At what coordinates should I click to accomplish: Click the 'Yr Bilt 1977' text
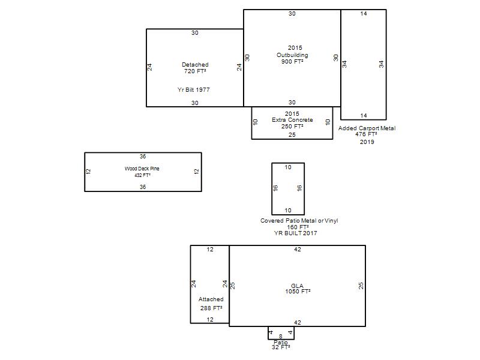click(193, 89)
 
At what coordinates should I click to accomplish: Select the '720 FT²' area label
click(195, 71)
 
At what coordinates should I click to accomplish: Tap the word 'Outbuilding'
click(292, 55)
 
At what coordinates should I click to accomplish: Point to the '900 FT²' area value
click(292, 62)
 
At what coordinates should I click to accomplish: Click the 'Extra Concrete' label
click(292, 119)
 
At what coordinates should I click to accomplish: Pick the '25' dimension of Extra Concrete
click(292, 134)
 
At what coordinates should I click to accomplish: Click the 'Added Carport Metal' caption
click(367, 128)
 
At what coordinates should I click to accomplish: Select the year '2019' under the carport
click(367, 142)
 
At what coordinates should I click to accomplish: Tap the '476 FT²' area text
click(366, 134)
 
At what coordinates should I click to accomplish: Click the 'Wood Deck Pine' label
click(142, 169)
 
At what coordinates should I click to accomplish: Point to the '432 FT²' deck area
click(142, 175)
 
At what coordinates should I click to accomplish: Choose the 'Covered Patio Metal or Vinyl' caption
click(299, 220)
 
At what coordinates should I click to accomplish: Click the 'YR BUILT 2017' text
click(295, 233)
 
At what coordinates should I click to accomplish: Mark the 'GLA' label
click(297, 286)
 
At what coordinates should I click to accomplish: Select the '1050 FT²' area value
click(298, 292)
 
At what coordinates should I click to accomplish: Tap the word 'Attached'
click(211, 299)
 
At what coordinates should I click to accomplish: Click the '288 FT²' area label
click(211, 308)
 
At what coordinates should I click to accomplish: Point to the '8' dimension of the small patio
click(281, 337)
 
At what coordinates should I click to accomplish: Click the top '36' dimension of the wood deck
click(143, 157)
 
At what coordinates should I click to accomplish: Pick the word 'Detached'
click(195, 65)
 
